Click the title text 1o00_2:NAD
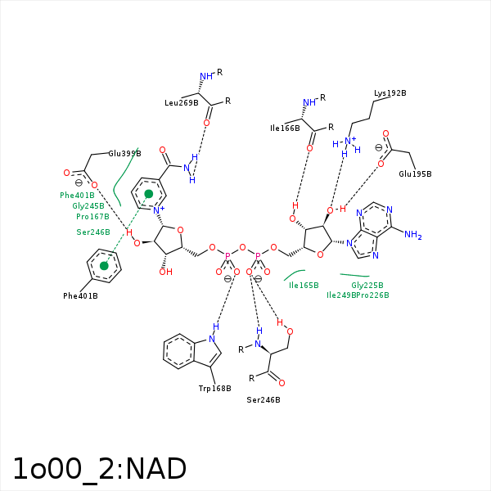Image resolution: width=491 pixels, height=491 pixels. (99, 469)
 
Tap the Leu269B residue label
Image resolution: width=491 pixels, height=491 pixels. (182, 103)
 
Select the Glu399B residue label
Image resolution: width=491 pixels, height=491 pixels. (124, 153)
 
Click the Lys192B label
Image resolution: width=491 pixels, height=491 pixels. (390, 93)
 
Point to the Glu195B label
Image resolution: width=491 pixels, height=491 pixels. (415, 174)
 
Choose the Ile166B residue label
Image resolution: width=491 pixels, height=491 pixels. (286, 128)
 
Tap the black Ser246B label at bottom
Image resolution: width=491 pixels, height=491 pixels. (264, 400)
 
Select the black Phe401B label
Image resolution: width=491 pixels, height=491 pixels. (80, 295)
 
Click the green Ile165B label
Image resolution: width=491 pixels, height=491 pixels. (304, 286)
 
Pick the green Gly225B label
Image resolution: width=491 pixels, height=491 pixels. (367, 285)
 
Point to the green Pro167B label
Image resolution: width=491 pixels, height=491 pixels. (92, 217)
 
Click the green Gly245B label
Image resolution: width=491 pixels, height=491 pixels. (88, 206)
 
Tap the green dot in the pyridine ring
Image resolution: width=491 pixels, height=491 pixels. (148, 194)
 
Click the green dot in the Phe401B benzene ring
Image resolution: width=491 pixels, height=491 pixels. (104, 266)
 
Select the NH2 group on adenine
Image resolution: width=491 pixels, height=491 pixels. (412, 236)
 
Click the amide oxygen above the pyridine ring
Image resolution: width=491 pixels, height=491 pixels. (163, 151)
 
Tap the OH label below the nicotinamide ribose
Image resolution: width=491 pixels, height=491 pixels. (165, 272)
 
